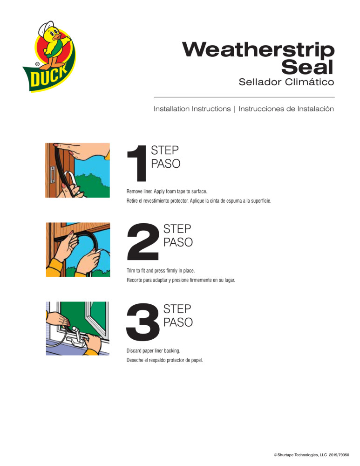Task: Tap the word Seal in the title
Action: [x=308, y=68]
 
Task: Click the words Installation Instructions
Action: [x=192, y=109]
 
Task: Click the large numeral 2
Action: [x=143, y=241]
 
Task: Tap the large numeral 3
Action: [x=143, y=321]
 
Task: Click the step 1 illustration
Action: [x=77, y=170]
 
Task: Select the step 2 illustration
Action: [x=77, y=249]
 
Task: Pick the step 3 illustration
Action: [x=77, y=329]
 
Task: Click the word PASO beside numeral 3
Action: [x=177, y=322]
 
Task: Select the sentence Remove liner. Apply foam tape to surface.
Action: [x=167, y=192]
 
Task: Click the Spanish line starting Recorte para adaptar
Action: [x=181, y=281]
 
